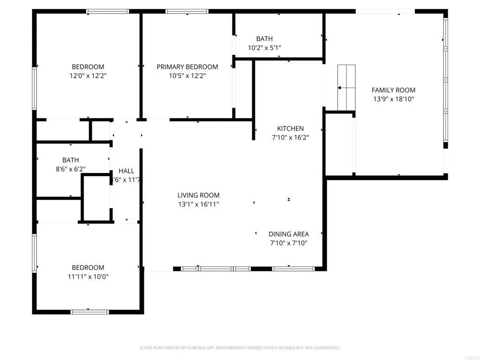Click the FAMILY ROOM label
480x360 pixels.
coord(393,90)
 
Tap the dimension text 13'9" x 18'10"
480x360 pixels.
coord(393,99)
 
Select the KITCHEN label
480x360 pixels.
coord(290,128)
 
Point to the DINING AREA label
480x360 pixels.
coord(288,234)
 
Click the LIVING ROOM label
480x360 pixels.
coord(198,195)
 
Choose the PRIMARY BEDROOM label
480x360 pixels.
coord(187,67)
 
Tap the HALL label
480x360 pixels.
coord(126,171)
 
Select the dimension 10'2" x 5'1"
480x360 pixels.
coord(264,48)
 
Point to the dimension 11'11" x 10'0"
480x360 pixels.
coord(88,277)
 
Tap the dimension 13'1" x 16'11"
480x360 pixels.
coord(198,204)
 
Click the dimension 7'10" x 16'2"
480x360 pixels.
coord(290,137)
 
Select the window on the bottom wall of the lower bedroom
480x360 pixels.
coord(90,312)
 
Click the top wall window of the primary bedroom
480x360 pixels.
coord(187,11)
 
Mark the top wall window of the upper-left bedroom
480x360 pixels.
coord(108,11)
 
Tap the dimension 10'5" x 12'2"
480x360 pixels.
coord(187,75)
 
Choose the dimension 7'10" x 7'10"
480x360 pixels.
coord(288,243)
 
